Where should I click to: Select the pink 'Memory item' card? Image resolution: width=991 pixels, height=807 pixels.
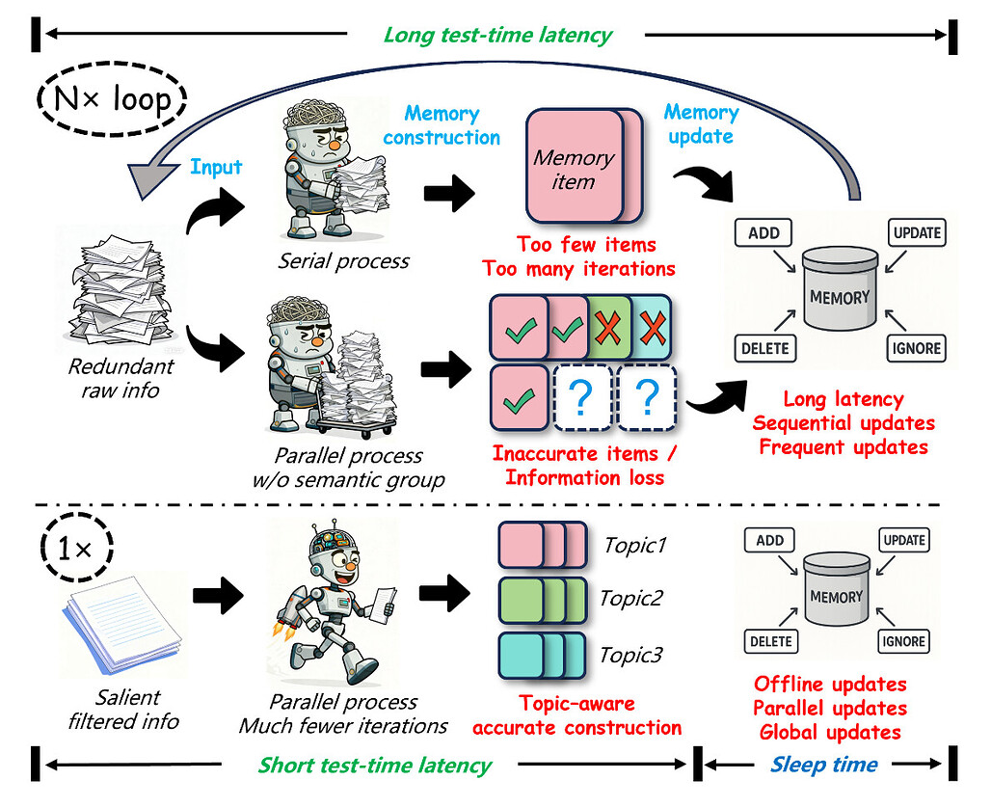tap(575, 167)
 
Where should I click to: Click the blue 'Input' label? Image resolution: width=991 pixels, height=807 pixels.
tap(216, 167)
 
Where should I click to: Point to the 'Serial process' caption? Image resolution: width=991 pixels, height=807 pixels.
tap(344, 260)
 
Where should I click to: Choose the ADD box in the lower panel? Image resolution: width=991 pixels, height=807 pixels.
tap(769, 541)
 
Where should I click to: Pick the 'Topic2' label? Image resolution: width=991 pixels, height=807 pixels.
tap(631, 598)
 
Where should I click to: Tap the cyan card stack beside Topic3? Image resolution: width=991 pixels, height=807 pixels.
tap(540, 656)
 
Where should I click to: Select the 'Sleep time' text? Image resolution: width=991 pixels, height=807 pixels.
tap(824, 765)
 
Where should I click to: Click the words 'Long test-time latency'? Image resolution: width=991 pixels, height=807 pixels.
tap(497, 36)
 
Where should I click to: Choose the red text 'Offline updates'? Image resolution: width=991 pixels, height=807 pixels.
tap(830, 684)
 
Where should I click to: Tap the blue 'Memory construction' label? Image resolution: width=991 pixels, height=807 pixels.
tap(442, 125)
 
